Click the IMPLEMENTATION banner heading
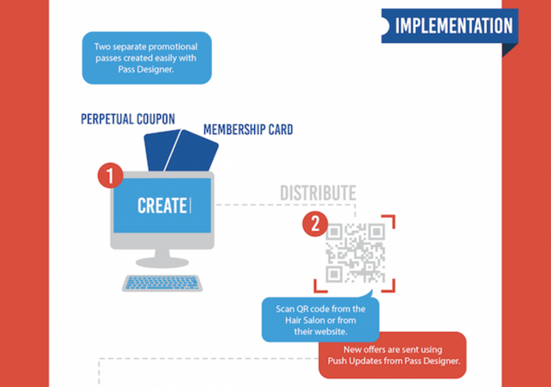point(453,26)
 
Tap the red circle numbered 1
point(110,175)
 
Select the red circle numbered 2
point(315,223)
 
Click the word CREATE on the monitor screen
point(162,206)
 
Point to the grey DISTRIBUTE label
point(318,193)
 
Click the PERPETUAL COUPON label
point(128,119)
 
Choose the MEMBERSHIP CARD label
point(248,130)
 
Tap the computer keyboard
point(162,283)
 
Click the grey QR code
point(355,253)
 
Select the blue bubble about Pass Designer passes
point(147,58)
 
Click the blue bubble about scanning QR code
point(320,319)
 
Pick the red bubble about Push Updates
point(393,355)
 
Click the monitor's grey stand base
point(162,262)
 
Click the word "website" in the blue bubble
point(328,331)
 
